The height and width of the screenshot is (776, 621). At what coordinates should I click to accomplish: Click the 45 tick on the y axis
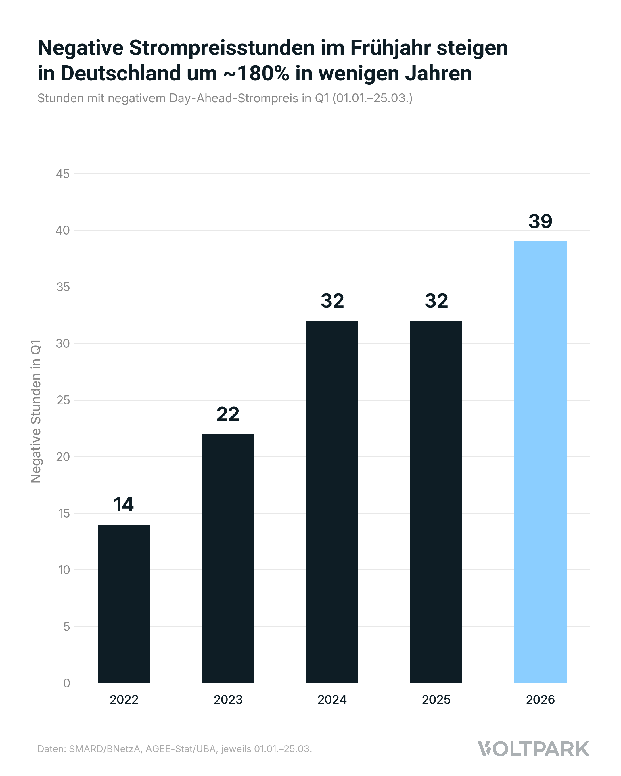click(x=63, y=174)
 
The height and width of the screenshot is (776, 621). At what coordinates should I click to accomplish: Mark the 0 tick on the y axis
click(x=67, y=683)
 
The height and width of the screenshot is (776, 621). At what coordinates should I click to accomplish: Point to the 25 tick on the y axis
click(x=63, y=400)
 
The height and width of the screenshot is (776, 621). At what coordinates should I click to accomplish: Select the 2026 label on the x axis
click(x=540, y=700)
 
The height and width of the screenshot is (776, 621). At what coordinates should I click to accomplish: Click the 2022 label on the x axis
click(x=124, y=700)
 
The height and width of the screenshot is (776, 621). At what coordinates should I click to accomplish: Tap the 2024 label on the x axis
click(x=332, y=700)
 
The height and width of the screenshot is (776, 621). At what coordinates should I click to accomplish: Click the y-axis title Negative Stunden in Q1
click(x=36, y=411)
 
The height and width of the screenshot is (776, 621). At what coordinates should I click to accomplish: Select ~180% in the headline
click(x=256, y=73)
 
